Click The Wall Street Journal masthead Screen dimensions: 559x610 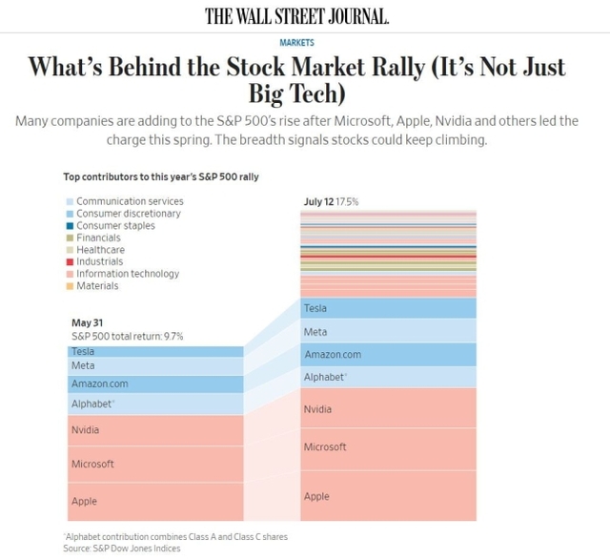click(296, 16)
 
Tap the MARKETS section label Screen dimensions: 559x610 click(296, 43)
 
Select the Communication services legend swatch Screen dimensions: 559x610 click(70, 202)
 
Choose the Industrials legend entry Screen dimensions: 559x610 click(99, 261)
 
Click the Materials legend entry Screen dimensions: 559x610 click(97, 286)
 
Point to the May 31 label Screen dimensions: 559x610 click(89, 322)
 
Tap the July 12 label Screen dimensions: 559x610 click(319, 202)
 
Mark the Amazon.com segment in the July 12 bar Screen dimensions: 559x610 click(388, 355)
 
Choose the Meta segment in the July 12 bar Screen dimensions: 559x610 click(388, 332)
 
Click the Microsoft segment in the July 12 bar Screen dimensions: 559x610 click(388, 446)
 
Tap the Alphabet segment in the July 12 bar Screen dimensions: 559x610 click(388, 378)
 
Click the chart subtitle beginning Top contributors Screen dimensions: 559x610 click(161, 176)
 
